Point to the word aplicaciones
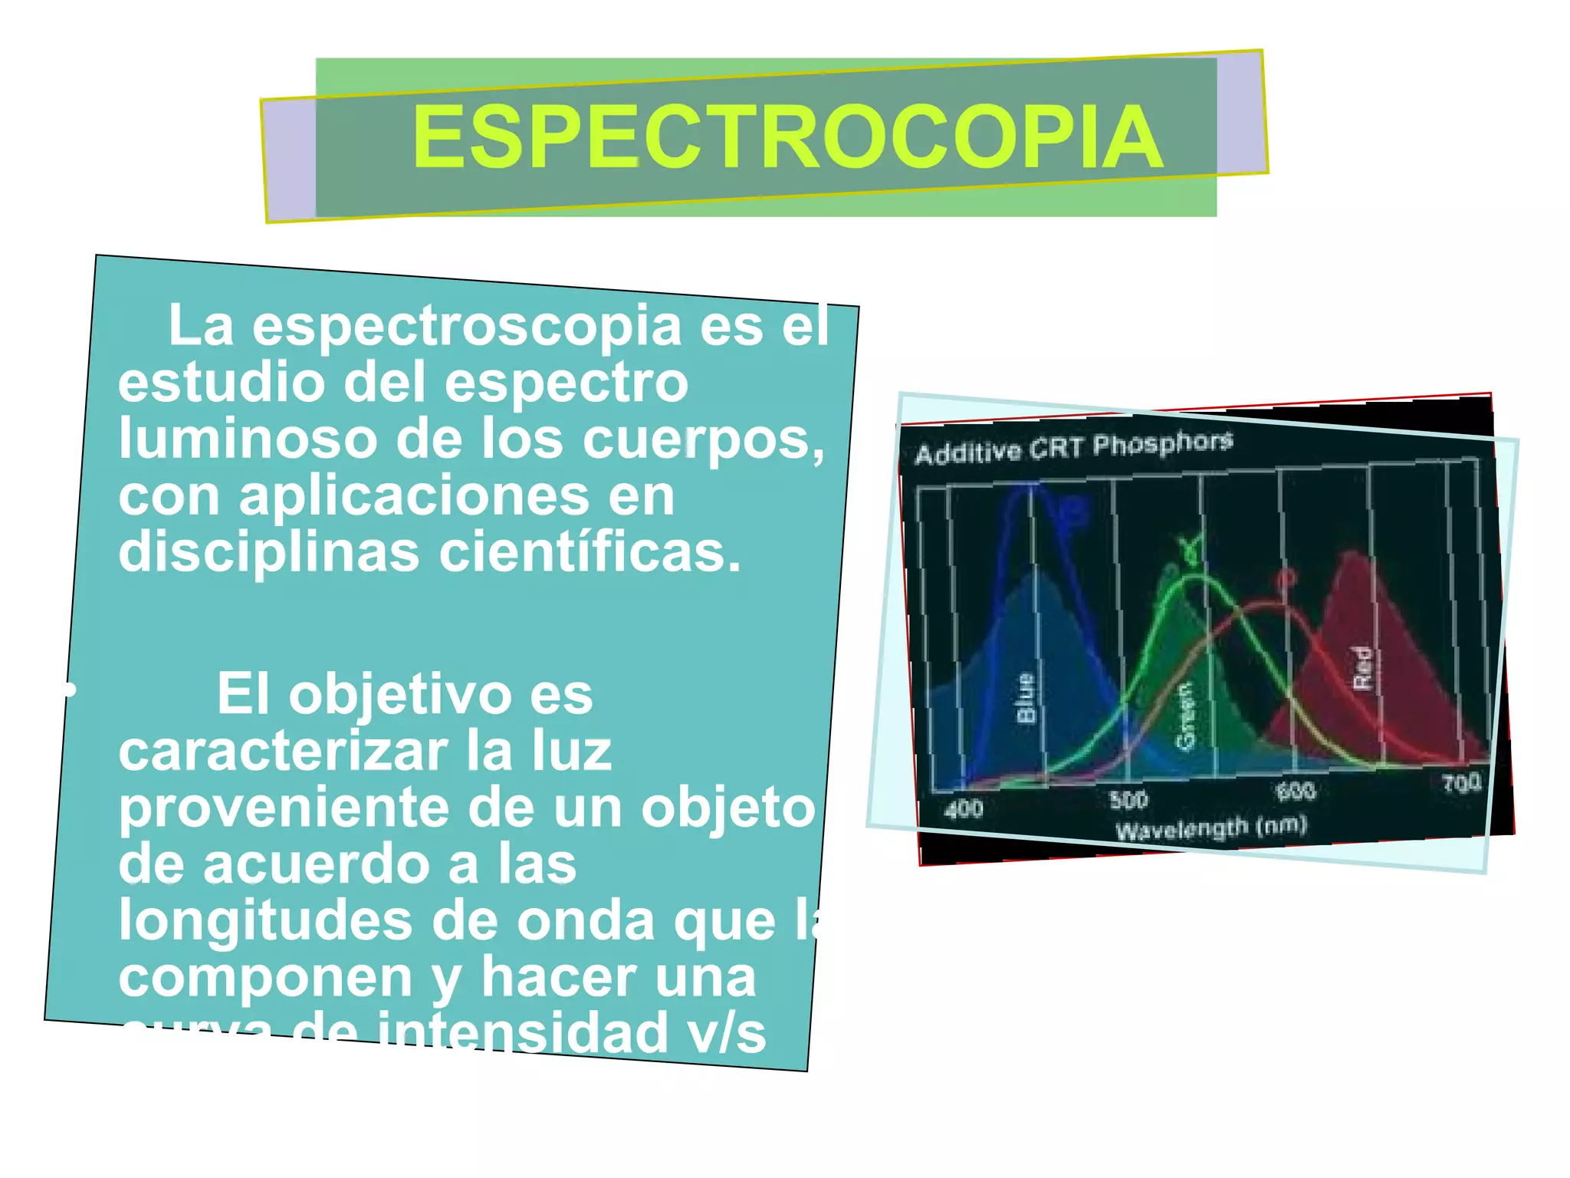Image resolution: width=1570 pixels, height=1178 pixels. point(413,496)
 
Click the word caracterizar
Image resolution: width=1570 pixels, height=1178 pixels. point(283,751)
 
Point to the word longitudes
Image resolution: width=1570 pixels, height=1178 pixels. point(264,920)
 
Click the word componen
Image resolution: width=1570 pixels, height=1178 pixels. point(264,978)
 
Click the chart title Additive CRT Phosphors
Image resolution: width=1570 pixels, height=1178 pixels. point(1073,447)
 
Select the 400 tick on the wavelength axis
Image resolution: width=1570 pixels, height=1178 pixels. point(963,808)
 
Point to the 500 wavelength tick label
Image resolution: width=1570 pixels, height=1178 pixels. point(1128,800)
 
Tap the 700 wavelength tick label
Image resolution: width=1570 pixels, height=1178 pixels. point(1461,783)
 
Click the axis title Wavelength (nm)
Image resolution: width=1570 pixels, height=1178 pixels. point(1210,829)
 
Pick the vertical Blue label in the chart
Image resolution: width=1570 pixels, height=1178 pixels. point(1026,698)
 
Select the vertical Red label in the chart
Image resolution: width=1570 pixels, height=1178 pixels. point(1361,667)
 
